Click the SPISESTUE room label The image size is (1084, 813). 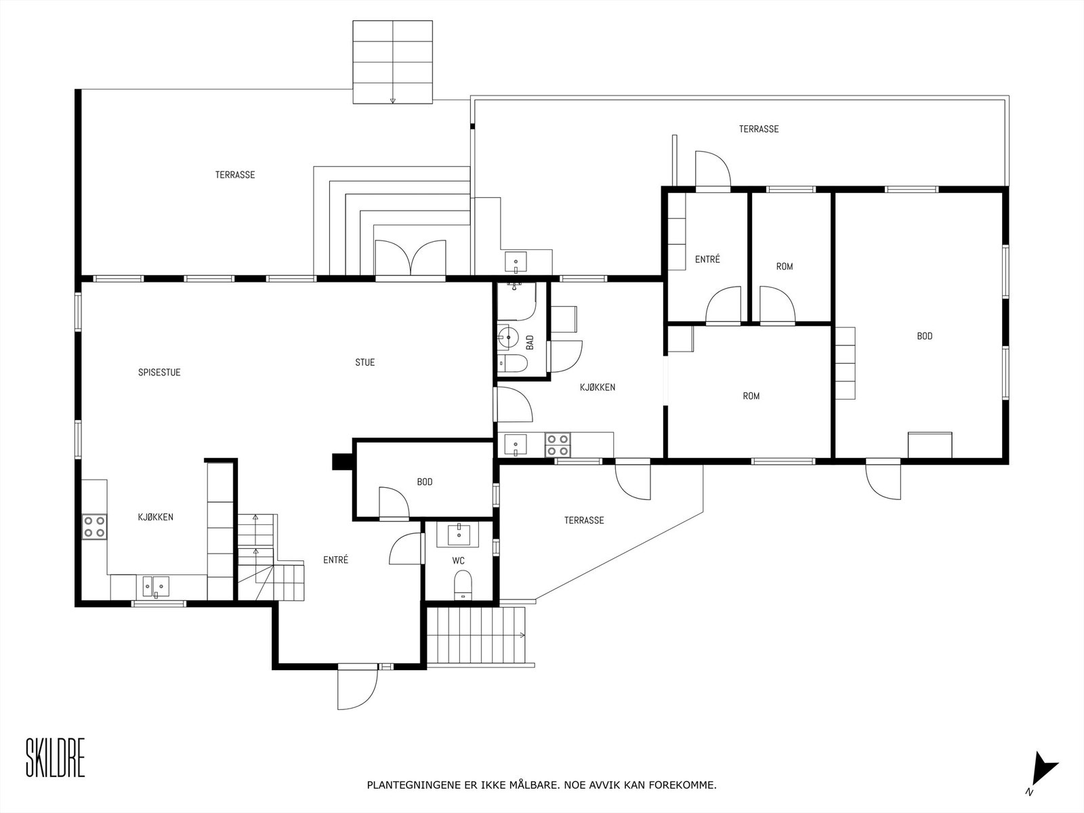(x=159, y=373)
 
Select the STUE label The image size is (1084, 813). (x=364, y=362)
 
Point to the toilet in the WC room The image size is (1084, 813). (x=463, y=583)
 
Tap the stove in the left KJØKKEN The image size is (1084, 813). (x=94, y=526)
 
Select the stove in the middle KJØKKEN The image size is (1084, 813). (x=558, y=444)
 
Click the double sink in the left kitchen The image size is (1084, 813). (x=157, y=584)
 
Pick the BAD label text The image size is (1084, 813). (x=530, y=342)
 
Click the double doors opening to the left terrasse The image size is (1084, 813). (x=410, y=259)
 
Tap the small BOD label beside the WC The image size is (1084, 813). (x=425, y=482)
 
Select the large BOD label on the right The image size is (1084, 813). (x=924, y=336)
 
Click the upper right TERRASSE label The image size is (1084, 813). (x=758, y=129)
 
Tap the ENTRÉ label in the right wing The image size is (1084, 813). (x=707, y=259)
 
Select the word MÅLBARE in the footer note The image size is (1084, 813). (x=535, y=786)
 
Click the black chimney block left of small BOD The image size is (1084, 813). (x=339, y=461)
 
